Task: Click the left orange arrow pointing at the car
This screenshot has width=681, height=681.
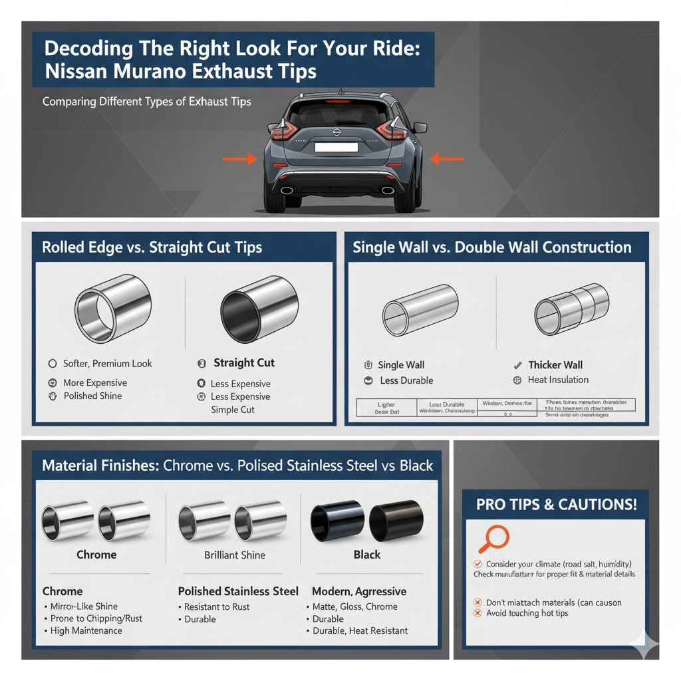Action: [x=239, y=159]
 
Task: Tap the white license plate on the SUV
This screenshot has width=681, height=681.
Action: [x=336, y=147]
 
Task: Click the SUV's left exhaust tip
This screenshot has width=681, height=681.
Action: [x=287, y=190]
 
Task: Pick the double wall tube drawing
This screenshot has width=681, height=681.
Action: [x=571, y=308]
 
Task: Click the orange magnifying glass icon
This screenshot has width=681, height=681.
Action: [x=493, y=539]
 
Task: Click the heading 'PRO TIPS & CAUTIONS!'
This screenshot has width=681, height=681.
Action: [x=556, y=504]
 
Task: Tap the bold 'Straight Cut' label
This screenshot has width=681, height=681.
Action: [x=244, y=363]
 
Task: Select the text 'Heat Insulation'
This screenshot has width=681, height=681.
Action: [x=558, y=380]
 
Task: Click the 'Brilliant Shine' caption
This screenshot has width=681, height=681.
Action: [x=235, y=555]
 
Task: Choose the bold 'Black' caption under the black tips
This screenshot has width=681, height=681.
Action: [x=367, y=555]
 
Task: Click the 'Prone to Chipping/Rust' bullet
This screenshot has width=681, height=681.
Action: [x=96, y=618]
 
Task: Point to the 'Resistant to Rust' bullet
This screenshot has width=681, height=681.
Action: [x=216, y=607]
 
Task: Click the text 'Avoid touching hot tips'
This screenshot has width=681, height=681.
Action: [x=527, y=613]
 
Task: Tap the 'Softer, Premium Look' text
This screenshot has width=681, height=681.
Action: [x=107, y=364]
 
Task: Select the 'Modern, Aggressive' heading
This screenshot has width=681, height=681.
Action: [x=359, y=591]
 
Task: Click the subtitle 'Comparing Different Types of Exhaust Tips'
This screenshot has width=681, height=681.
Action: [x=146, y=102]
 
